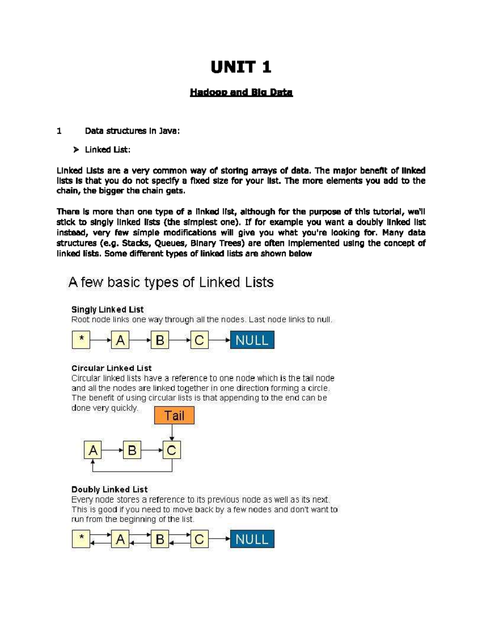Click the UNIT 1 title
(241, 67)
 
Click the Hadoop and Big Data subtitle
(241, 92)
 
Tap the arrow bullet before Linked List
(76, 150)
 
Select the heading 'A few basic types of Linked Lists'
(171, 282)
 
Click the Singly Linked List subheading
(107, 309)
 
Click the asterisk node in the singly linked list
(81, 340)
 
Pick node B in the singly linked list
(160, 340)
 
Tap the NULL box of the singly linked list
(252, 340)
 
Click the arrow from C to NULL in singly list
(219, 340)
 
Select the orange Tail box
(174, 415)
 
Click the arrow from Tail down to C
(172, 432)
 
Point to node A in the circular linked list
(93, 450)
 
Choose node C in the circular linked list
(172, 450)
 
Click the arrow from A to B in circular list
(112, 450)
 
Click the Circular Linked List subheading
(111, 368)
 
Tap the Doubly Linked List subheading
(109, 489)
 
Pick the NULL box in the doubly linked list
(252, 539)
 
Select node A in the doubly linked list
(120, 539)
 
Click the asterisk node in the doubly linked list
(81, 539)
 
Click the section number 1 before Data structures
(59, 131)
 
